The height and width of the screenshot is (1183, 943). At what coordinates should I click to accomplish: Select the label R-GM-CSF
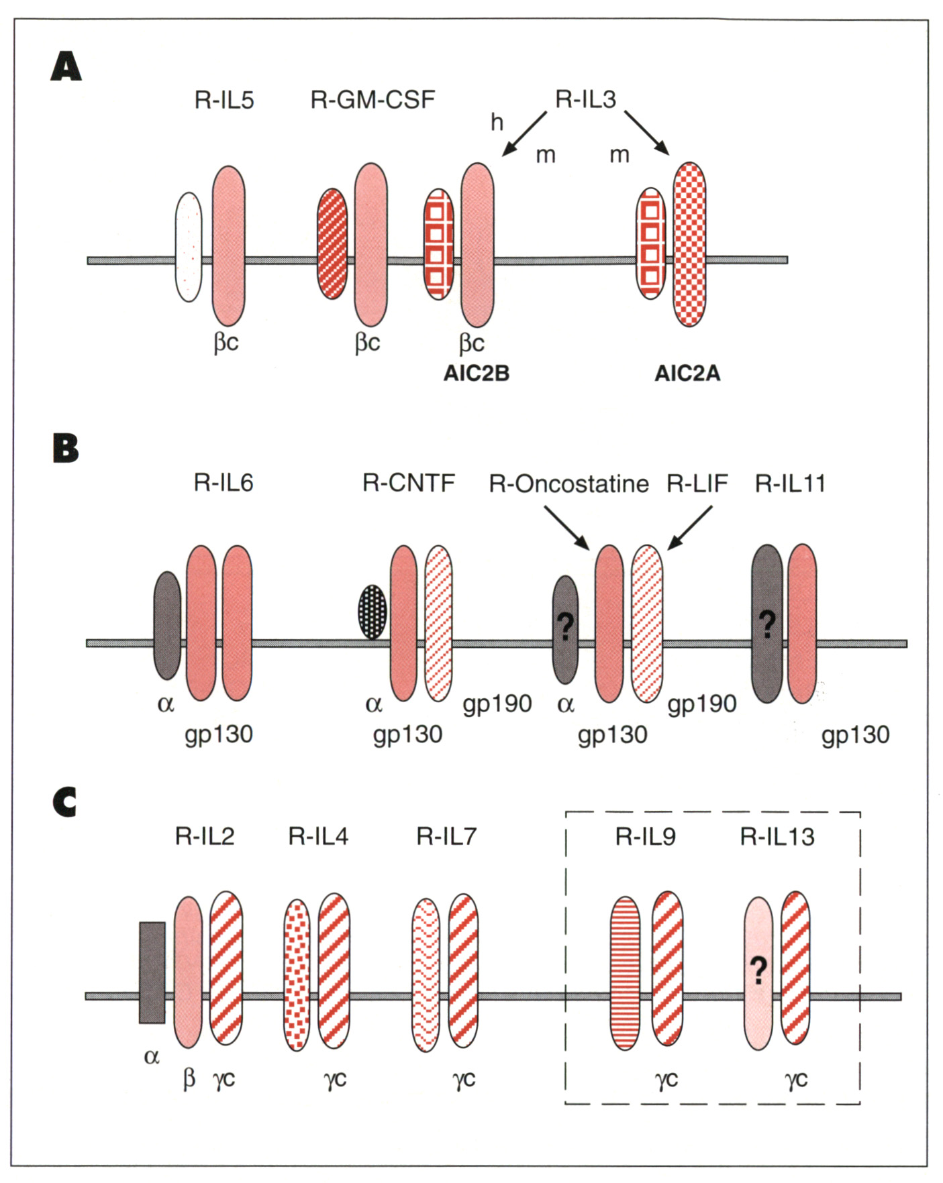(x=373, y=100)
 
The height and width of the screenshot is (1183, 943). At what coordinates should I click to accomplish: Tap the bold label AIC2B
(x=476, y=373)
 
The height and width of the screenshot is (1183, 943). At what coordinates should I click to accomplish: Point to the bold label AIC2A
(x=687, y=373)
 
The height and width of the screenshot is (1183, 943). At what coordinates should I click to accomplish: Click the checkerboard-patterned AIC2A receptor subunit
(x=689, y=244)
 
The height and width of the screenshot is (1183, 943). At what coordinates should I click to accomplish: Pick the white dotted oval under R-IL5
(x=189, y=247)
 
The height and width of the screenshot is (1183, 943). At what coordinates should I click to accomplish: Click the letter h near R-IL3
(x=497, y=122)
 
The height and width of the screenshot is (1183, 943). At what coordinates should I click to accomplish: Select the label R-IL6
(x=224, y=483)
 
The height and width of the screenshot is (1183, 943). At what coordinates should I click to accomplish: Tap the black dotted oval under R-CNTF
(x=373, y=612)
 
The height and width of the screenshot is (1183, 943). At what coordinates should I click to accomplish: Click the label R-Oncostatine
(x=568, y=484)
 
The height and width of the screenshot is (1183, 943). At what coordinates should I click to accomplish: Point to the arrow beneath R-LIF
(x=689, y=528)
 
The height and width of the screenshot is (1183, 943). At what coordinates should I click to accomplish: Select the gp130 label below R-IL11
(x=855, y=735)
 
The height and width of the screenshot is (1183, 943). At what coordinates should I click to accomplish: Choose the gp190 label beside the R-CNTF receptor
(x=497, y=703)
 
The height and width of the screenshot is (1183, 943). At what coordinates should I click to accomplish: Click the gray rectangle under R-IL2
(x=152, y=972)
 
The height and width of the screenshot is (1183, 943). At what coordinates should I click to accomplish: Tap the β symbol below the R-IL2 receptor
(x=189, y=1079)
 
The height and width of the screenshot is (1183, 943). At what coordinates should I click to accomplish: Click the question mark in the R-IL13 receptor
(x=758, y=970)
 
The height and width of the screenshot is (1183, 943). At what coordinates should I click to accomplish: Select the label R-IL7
(x=446, y=836)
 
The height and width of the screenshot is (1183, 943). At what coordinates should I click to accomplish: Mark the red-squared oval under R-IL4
(x=297, y=974)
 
